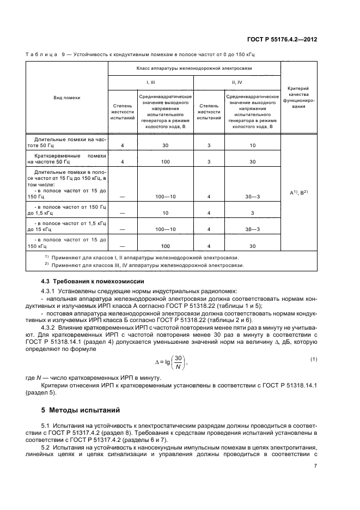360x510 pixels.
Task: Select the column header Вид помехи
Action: [66, 98]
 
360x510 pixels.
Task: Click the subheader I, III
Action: [151, 82]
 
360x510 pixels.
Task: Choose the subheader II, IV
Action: [237, 82]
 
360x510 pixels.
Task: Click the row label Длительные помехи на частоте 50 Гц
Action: [66, 143]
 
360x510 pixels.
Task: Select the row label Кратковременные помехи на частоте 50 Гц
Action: [66, 159]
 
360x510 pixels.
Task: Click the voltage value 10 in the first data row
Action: [253, 145]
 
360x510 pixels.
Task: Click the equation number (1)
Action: [313, 359]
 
